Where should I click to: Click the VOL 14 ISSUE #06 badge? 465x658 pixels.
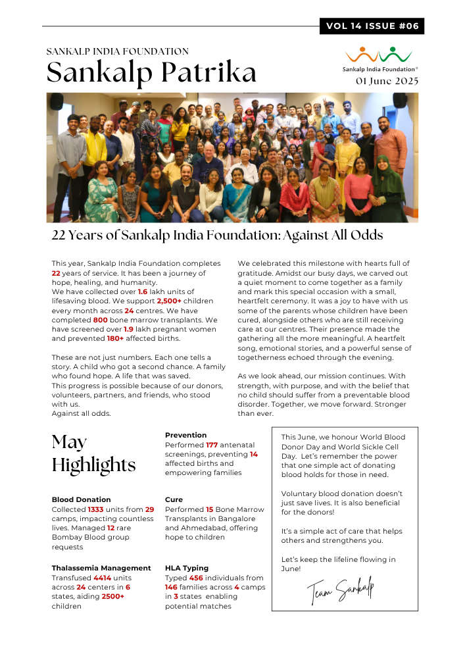point(372,26)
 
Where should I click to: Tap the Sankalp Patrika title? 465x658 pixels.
point(151,72)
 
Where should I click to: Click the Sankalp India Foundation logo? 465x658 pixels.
point(379,59)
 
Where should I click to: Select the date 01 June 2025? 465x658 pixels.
point(387,82)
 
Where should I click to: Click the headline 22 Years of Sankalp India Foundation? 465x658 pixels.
point(217,235)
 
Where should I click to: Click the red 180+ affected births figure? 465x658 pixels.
point(115,339)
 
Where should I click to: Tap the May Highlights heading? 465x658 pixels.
point(93,453)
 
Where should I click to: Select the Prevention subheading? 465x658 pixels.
point(185,435)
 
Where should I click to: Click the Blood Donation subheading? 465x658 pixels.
point(81,499)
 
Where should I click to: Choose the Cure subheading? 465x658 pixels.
point(174,499)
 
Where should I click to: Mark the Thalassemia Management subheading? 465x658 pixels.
point(101,568)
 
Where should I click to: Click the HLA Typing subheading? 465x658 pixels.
point(186,568)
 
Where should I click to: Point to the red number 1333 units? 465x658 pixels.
point(96,509)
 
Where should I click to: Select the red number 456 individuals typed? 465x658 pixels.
point(195,578)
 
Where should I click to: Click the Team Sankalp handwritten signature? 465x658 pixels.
point(340,590)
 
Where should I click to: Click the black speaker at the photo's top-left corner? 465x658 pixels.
point(57,101)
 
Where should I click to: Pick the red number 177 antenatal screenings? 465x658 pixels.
point(211,445)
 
